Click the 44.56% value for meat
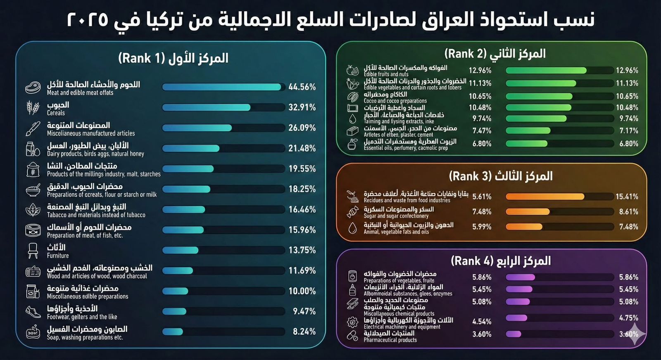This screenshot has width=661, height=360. click(302, 87)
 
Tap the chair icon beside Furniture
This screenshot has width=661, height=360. click(33, 251)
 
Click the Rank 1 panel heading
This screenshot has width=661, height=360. click(173, 58)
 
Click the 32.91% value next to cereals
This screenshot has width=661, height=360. click(302, 107)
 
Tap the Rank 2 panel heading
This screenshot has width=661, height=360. click(495, 54)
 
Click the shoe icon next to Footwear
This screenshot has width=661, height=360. click(33, 312)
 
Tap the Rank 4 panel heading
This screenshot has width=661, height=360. click(500, 261)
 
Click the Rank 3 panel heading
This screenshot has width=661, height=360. click(500, 176)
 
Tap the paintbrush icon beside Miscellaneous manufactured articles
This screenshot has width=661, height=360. click(33, 128)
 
